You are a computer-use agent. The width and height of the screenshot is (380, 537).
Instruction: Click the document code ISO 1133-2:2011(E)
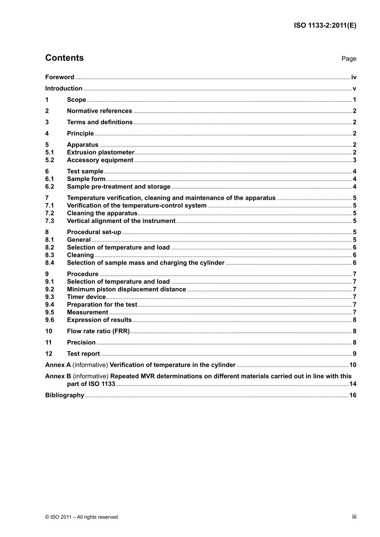pos(325,26)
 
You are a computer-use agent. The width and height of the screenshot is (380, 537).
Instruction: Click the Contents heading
pos(64,58)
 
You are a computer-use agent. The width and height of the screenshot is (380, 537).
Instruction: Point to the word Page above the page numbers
pos(348,59)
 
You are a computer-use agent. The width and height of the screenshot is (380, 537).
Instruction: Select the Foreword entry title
pos(60,77)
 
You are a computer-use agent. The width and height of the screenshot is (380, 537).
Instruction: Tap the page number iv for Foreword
pos(354,77)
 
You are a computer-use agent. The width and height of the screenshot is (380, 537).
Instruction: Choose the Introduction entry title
pos(64,88)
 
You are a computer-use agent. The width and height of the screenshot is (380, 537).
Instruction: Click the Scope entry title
pos(76,100)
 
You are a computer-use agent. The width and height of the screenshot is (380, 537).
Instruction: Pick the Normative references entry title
pos(99,111)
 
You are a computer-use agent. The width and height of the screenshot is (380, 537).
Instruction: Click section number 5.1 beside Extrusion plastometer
pos(49,152)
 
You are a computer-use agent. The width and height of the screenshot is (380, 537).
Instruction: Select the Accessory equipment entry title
pos(100,160)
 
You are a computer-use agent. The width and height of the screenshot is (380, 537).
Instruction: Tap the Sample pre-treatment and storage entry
pos(118,187)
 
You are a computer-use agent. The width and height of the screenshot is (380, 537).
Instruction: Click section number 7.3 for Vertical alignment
pos(49,221)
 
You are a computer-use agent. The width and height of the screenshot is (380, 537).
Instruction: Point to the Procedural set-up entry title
pos(94,232)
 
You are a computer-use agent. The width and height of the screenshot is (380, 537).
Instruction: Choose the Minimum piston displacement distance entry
pos(126,289)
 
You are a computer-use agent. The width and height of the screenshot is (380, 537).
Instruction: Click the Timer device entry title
pos(86,297)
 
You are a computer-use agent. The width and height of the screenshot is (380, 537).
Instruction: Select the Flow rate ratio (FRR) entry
pos(98,331)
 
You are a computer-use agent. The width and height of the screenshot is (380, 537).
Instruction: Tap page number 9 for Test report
pos(354,354)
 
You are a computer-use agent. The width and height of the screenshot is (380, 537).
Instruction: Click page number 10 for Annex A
pos(353,365)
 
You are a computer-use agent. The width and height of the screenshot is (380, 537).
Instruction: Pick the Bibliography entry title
pos(64,395)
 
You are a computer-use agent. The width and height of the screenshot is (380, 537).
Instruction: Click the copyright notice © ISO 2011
pos(82,517)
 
